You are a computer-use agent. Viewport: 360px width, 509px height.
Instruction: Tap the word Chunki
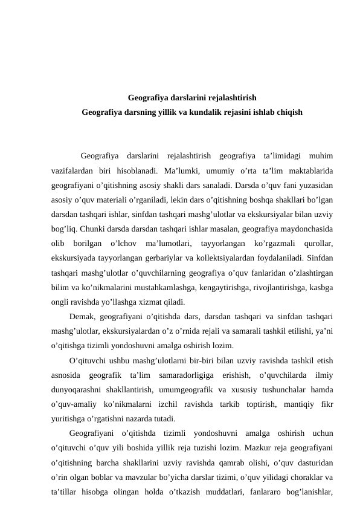pos(89,228)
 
